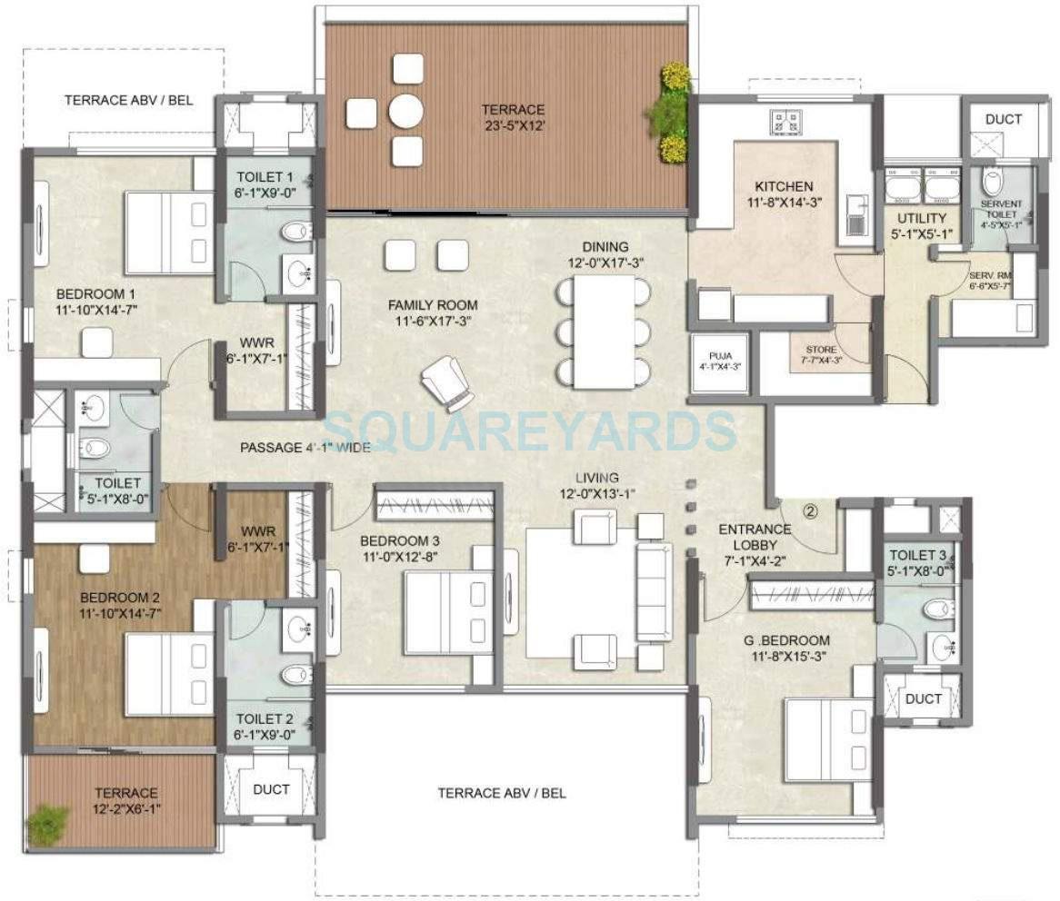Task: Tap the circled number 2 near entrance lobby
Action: coord(811,510)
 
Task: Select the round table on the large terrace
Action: coord(406,112)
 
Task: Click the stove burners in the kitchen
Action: coord(783,120)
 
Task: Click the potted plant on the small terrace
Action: coord(47,825)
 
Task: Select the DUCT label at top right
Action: coord(1003,119)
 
